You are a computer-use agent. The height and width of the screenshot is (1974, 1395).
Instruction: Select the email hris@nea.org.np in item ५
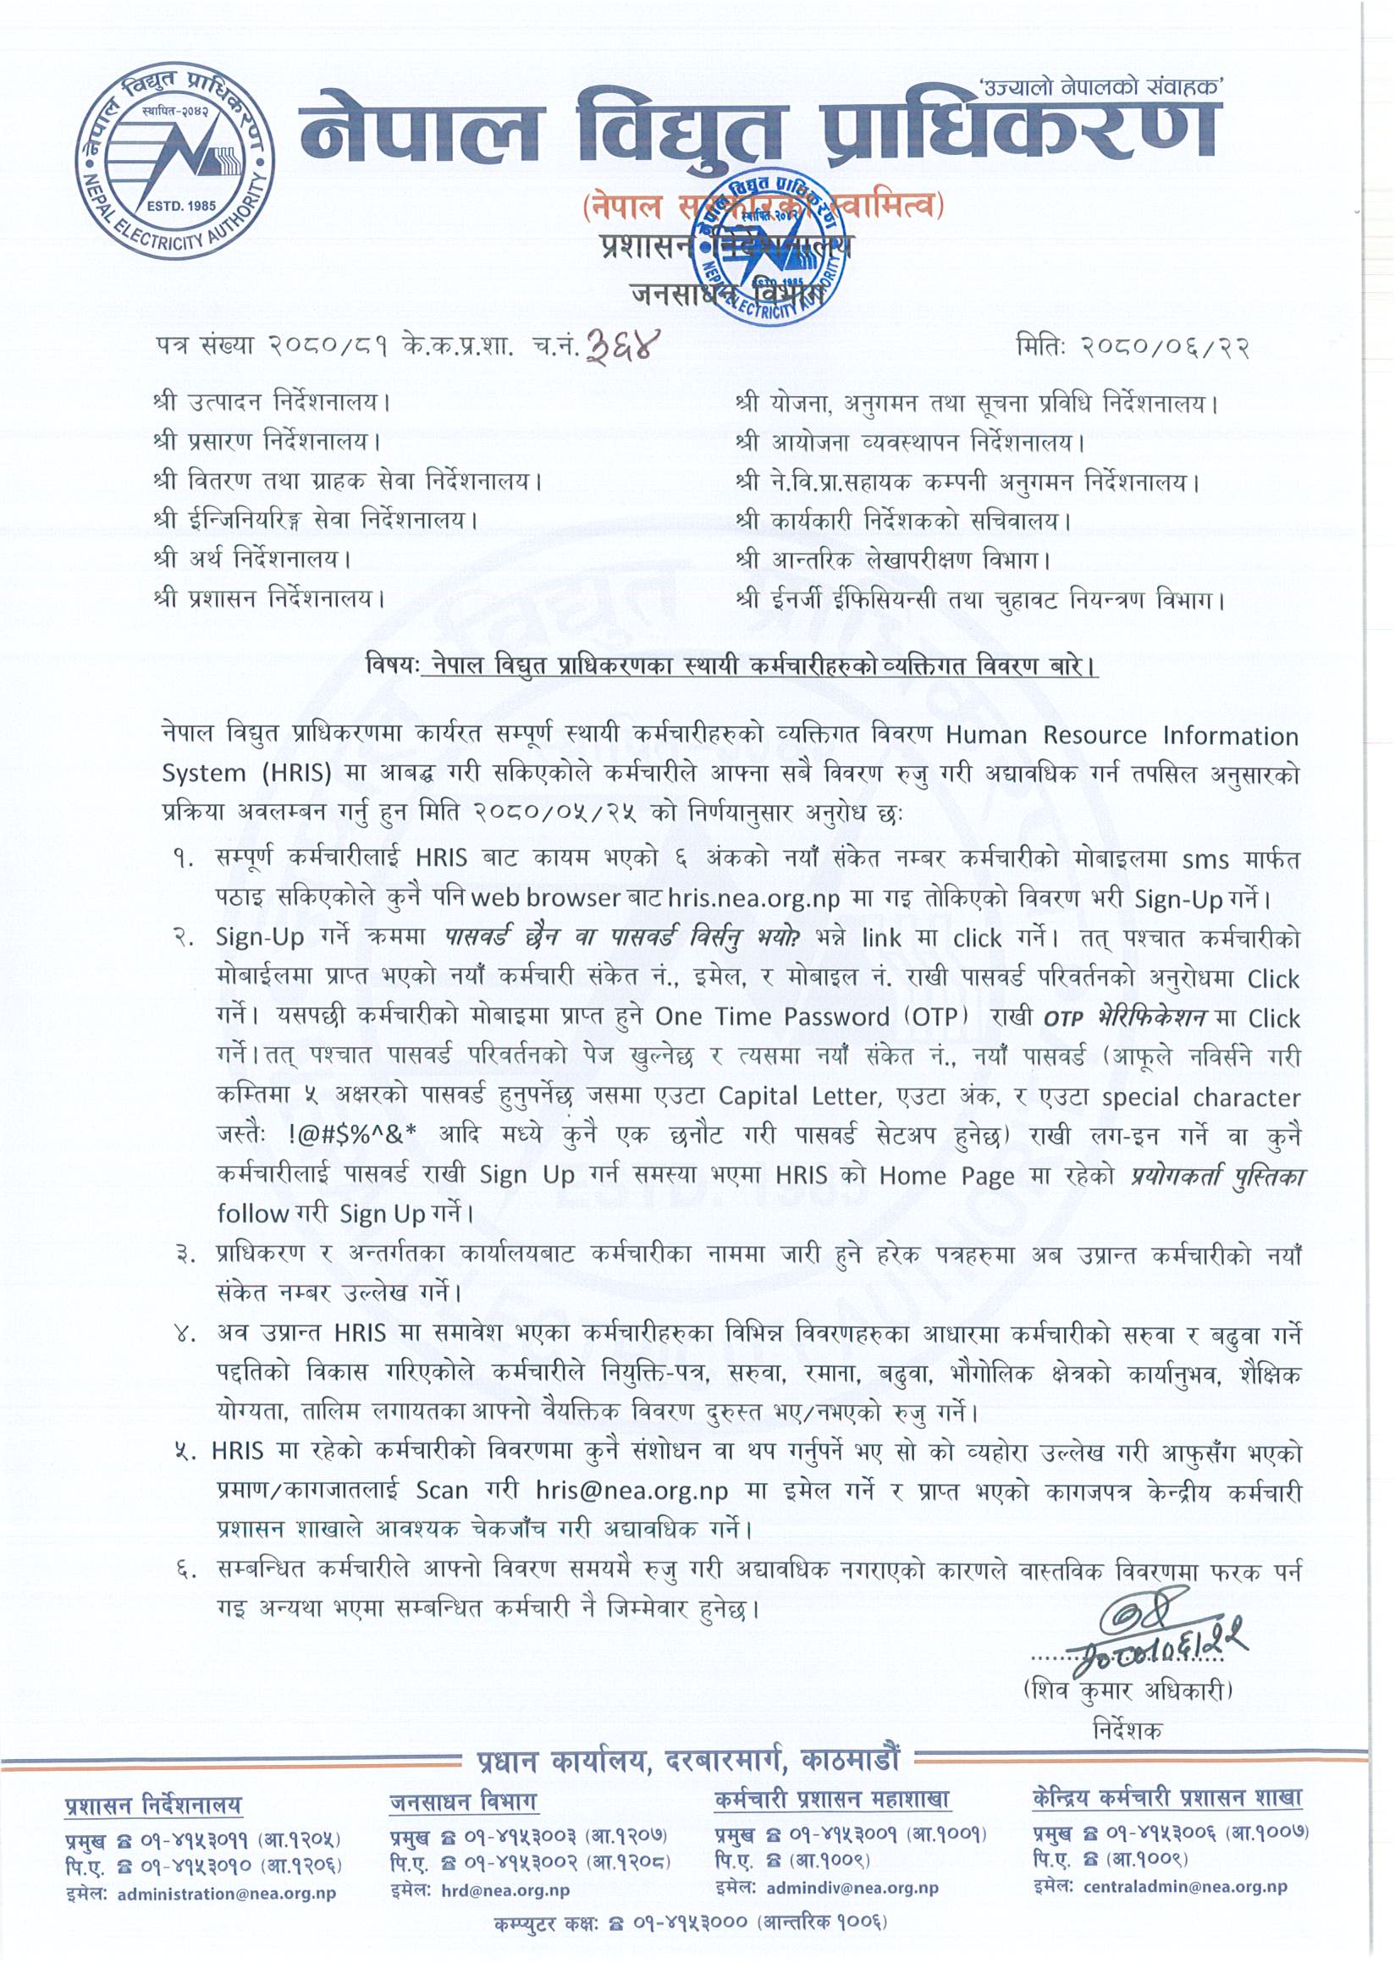[x=631, y=1490]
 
